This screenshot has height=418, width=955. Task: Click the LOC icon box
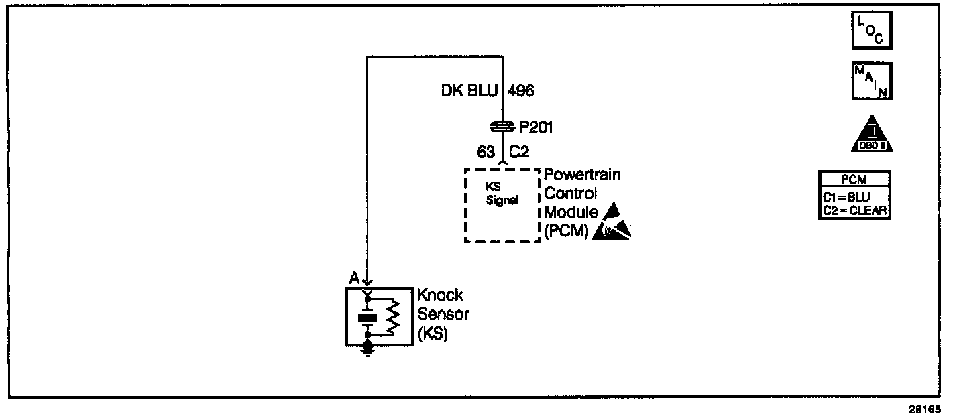871,31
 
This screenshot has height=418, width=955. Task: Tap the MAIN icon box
871,81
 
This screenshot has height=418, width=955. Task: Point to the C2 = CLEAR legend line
854,210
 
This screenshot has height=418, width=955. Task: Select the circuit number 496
520,90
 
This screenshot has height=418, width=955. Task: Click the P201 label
537,127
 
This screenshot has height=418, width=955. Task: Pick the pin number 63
487,152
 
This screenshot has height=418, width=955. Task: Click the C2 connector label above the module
519,152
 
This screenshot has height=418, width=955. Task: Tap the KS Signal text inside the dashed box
502,195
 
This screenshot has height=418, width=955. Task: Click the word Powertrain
582,176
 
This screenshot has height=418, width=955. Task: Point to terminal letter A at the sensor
353,278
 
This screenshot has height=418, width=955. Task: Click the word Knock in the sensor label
440,295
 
